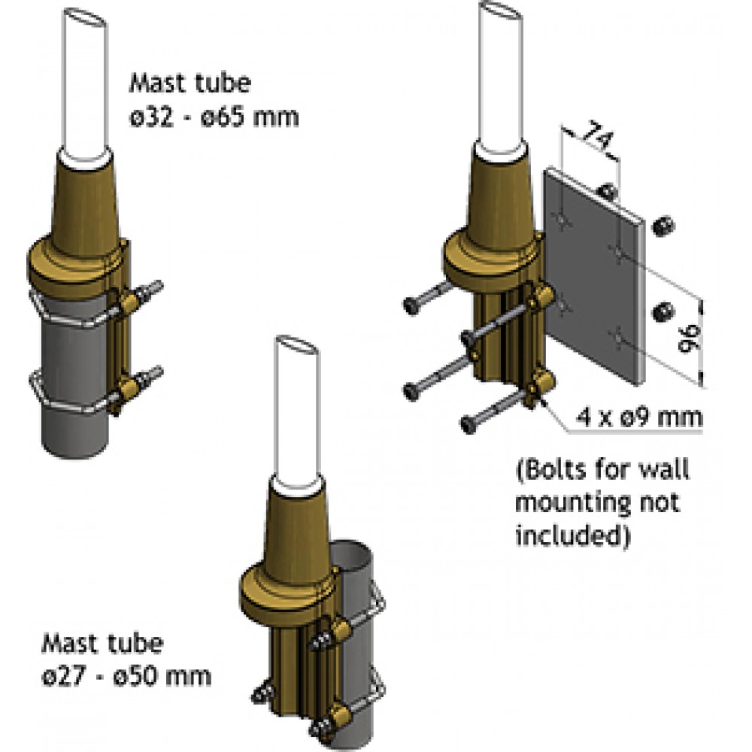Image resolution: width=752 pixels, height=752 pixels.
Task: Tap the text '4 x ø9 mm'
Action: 641,415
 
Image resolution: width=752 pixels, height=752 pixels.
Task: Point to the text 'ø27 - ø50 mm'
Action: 126,675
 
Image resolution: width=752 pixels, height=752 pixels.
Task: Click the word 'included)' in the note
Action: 572,535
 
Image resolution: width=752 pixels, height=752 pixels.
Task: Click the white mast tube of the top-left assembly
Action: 86,83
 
